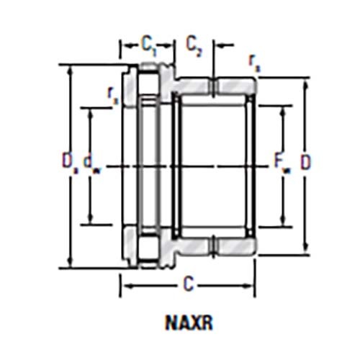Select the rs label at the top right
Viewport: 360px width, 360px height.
254,61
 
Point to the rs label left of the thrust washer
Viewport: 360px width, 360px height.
110,92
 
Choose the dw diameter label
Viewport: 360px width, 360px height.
91,165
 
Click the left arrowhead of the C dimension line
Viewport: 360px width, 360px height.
123,285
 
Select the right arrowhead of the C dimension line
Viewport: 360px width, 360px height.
253,285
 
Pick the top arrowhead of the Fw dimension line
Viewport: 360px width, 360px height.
282,109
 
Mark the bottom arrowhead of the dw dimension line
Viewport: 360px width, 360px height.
90,220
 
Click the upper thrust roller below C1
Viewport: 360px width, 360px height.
150,82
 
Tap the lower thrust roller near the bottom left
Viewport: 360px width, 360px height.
150,248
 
